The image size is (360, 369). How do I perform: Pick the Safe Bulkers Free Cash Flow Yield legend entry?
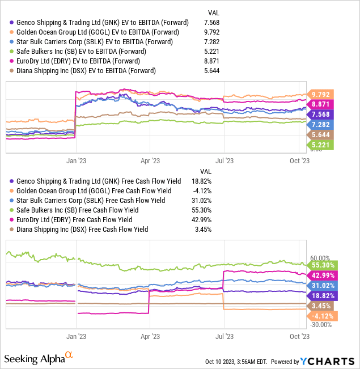pyautogui.click(x=79, y=210)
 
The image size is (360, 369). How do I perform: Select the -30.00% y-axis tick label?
pyautogui.click(x=321, y=325)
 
